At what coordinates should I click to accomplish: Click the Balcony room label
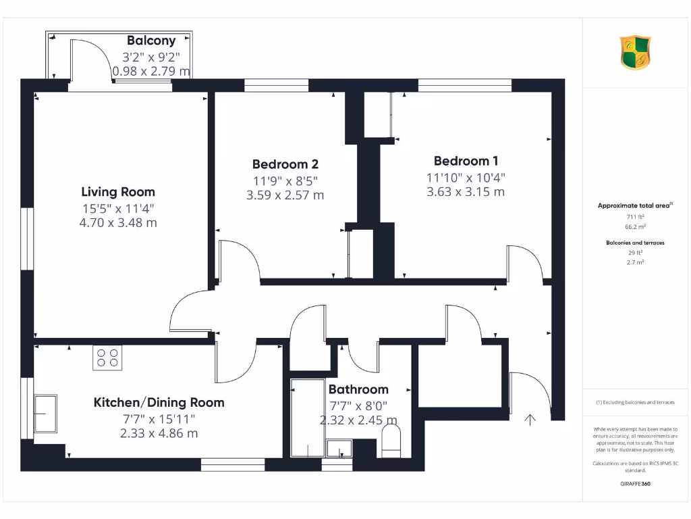(x=151, y=41)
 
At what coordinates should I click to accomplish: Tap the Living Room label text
(x=118, y=192)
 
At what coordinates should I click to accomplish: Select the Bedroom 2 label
(x=285, y=164)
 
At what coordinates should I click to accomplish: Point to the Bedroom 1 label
(x=466, y=161)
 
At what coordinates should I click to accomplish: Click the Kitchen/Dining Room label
(x=159, y=403)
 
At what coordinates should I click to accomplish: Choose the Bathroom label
(x=358, y=389)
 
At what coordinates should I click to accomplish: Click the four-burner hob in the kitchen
(x=107, y=357)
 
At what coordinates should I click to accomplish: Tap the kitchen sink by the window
(x=45, y=413)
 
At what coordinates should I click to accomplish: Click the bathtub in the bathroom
(x=307, y=419)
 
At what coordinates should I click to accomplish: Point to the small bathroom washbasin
(x=339, y=449)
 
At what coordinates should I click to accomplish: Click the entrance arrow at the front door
(x=530, y=420)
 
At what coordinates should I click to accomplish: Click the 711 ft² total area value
(x=634, y=217)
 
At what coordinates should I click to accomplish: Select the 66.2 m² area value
(x=634, y=227)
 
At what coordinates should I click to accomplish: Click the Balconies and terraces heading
(x=634, y=242)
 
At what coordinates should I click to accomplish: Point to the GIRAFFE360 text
(x=634, y=484)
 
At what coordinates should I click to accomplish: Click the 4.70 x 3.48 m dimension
(x=118, y=222)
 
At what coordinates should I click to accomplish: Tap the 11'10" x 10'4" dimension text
(x=466, y=177)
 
